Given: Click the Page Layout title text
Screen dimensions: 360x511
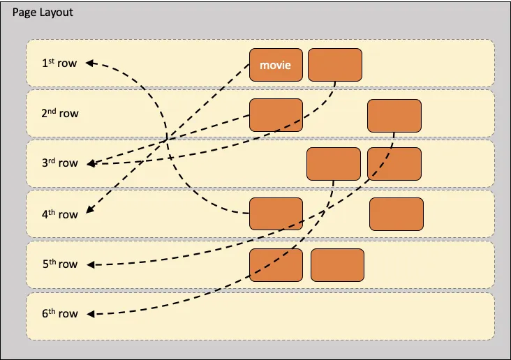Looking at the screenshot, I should coord(43,13).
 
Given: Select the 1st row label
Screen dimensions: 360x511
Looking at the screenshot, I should coord(59,63).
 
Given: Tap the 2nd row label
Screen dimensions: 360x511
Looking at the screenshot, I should coord(59,112).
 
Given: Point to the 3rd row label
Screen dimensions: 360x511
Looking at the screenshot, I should coord(59,163).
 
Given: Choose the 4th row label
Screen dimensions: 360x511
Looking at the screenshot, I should coord(59,214).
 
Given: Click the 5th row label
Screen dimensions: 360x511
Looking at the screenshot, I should coord(59,264).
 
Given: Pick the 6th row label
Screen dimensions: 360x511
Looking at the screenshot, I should coord(59,314).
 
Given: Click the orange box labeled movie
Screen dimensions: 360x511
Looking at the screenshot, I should coord(276,65).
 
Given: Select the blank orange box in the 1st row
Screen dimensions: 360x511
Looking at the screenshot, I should coord(335,65).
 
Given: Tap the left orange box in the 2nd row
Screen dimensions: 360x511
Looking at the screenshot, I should coord(276,116).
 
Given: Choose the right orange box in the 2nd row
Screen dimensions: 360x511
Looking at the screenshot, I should coord(394,116).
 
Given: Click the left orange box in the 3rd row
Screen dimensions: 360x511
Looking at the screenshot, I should coord(334,165).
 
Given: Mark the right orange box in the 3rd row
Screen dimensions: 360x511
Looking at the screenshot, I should coord(394,165).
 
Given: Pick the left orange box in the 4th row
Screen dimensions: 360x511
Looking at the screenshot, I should coord(276,214).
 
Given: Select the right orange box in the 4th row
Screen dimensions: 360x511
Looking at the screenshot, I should coord(396,214).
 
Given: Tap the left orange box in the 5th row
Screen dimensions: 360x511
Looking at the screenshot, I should coord(276,265).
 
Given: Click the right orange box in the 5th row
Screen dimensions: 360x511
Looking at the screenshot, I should coord(337,265).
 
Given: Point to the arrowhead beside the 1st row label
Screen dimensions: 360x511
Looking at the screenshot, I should coord(91,63).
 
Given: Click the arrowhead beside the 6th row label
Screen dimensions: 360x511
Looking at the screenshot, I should coord(91,315).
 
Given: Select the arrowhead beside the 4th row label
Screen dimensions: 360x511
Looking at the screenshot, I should coord(90,212).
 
